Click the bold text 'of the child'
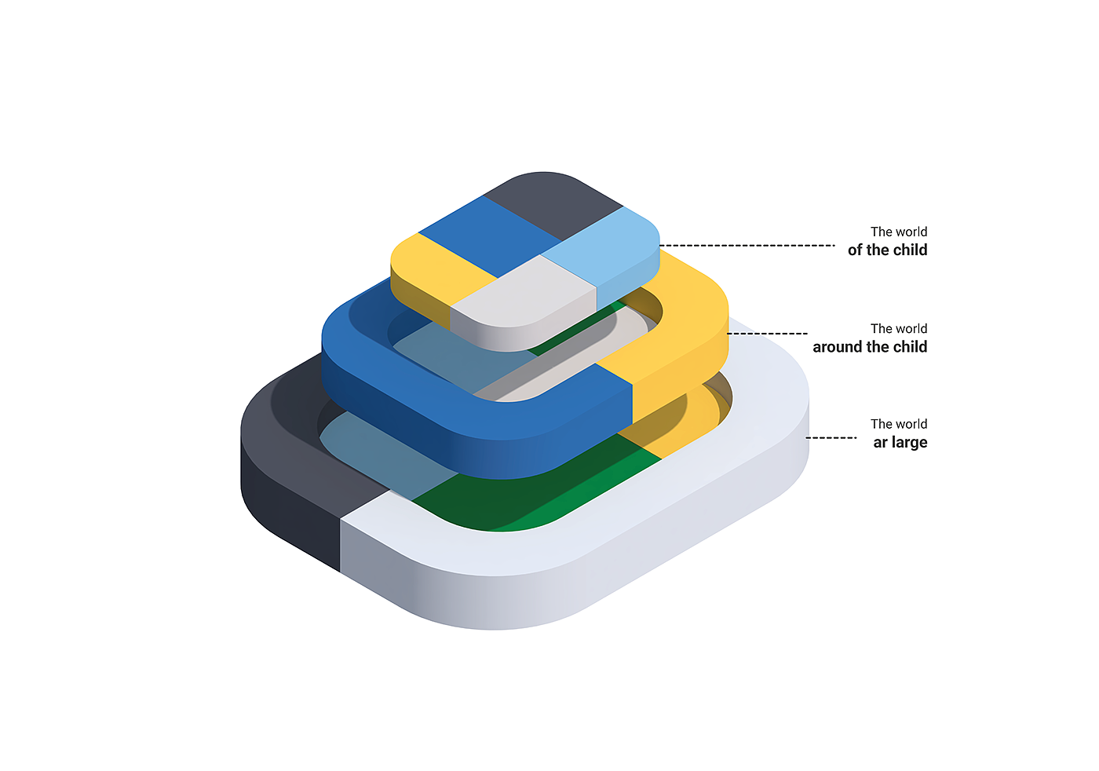click(x=887, y=250)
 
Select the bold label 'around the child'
click(x=870, y=347)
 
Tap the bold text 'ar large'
click(x=900, y=443)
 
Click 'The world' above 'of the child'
click(x=899, y=232)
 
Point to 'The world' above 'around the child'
click(x=899, y=328)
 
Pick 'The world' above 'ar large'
click(x=899, y=424)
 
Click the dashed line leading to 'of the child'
click(x=746, y=246)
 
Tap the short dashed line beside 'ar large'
click(x=831, y=437)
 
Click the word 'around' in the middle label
click(x=837, y=347)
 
